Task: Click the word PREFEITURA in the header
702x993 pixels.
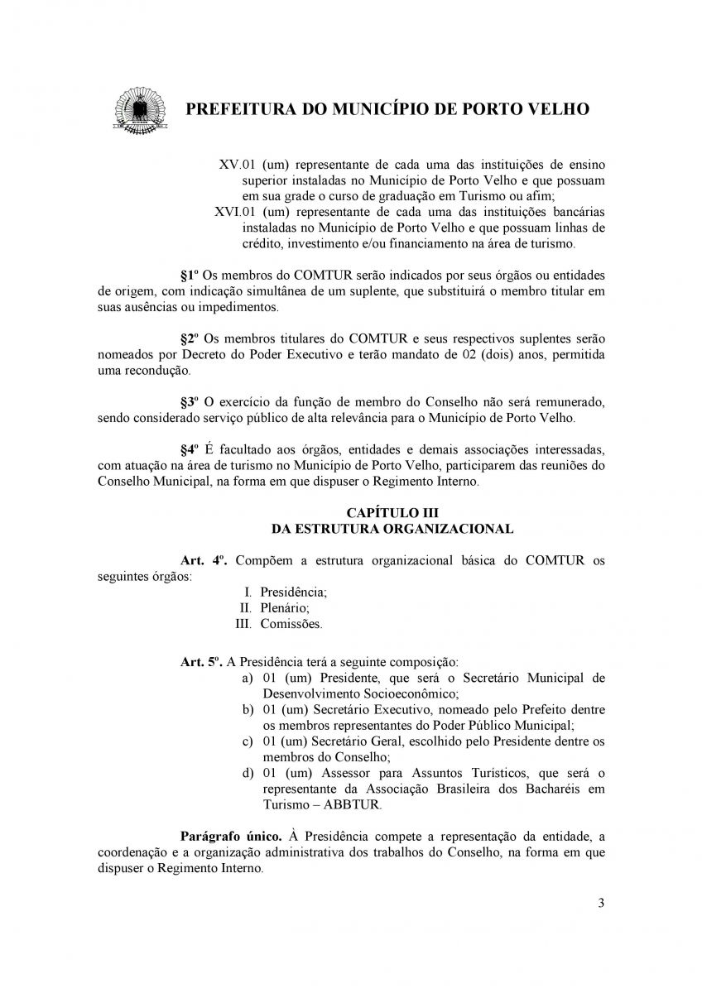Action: [x=241, y=109]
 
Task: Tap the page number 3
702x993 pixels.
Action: [x=601, y=903]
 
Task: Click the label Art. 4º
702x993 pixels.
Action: [x=204, y=561]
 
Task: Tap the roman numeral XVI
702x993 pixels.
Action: [x=226, y=211]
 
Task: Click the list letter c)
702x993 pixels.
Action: [x=247, y=741]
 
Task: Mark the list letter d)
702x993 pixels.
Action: [x=247, y=773]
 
